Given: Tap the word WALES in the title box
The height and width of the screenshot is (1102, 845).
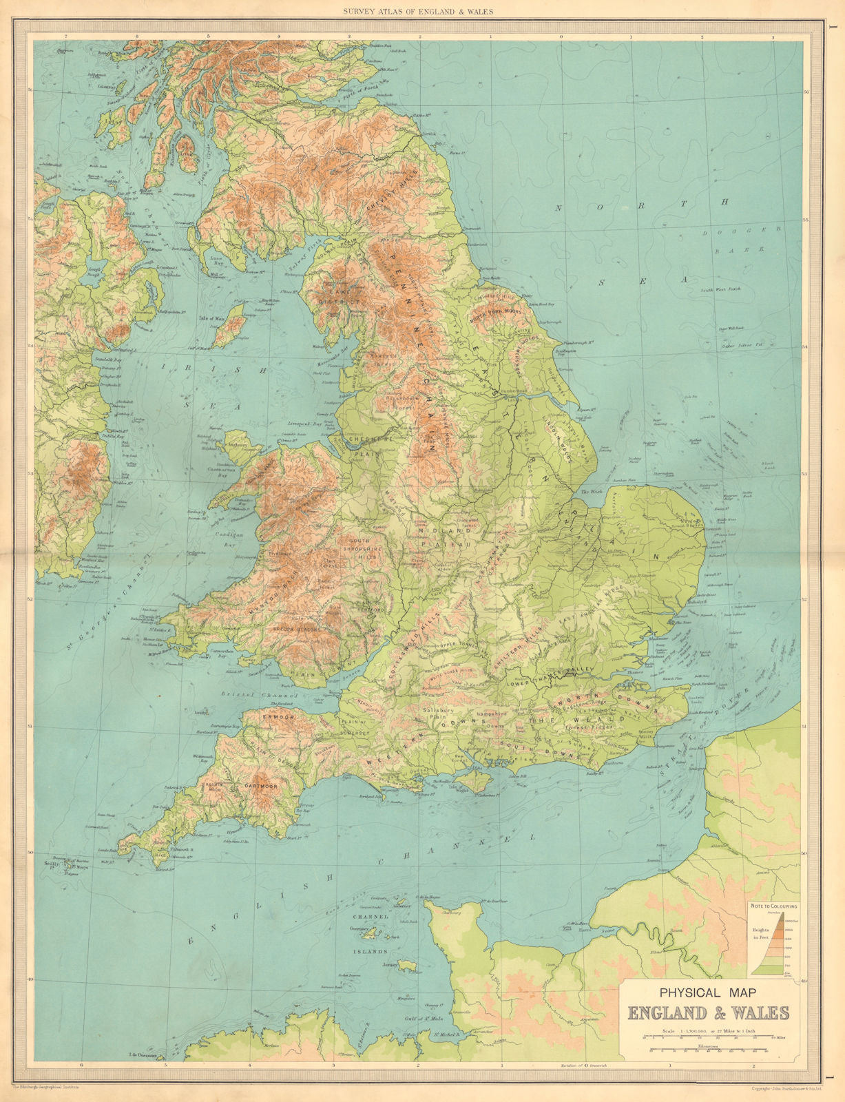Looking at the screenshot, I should tap(760, 1013).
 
